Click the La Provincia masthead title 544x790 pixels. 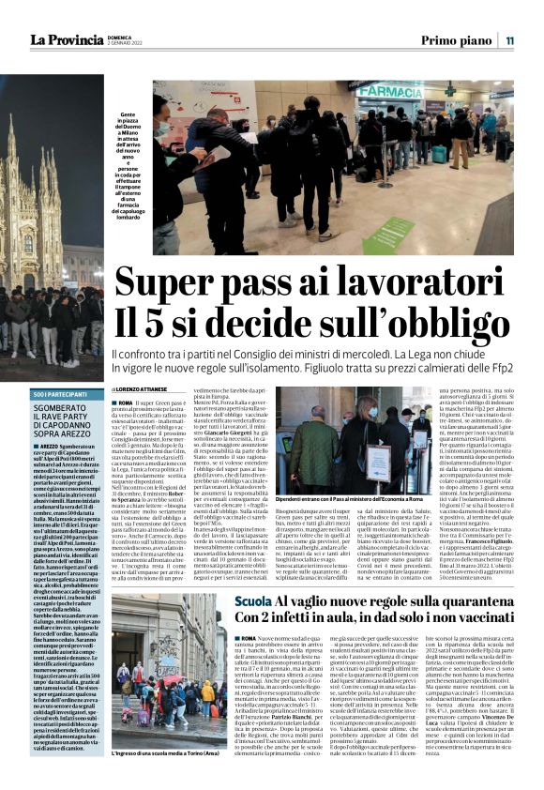(x=68, y=40)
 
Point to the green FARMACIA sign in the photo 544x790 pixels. (x=388, y=92)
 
